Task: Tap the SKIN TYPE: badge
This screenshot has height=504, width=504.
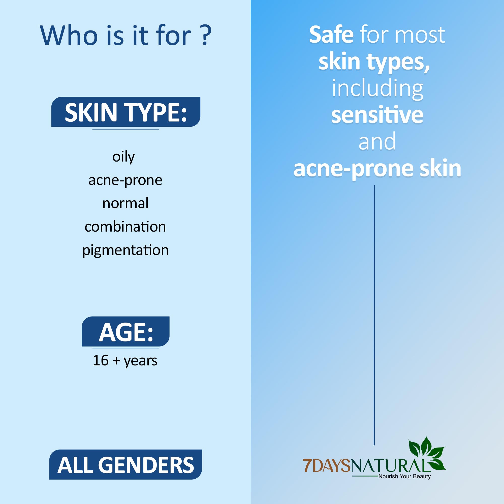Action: [126, 112]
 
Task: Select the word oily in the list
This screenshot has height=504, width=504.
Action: [124, 157]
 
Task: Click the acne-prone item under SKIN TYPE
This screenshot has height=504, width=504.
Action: [125, 180]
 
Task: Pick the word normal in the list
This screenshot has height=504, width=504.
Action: [125, 203]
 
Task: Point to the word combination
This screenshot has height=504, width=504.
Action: [125, 227]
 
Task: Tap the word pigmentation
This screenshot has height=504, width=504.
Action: [125, 250]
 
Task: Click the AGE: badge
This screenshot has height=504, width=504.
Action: [125, 331]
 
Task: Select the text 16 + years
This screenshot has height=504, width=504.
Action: [125, 361]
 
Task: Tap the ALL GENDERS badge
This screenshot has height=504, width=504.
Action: [125, 464]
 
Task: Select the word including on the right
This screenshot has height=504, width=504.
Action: [377, 89]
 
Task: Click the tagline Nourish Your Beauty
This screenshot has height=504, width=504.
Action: [404, 476]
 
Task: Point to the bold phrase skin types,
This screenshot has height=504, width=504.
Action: [374, 62]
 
